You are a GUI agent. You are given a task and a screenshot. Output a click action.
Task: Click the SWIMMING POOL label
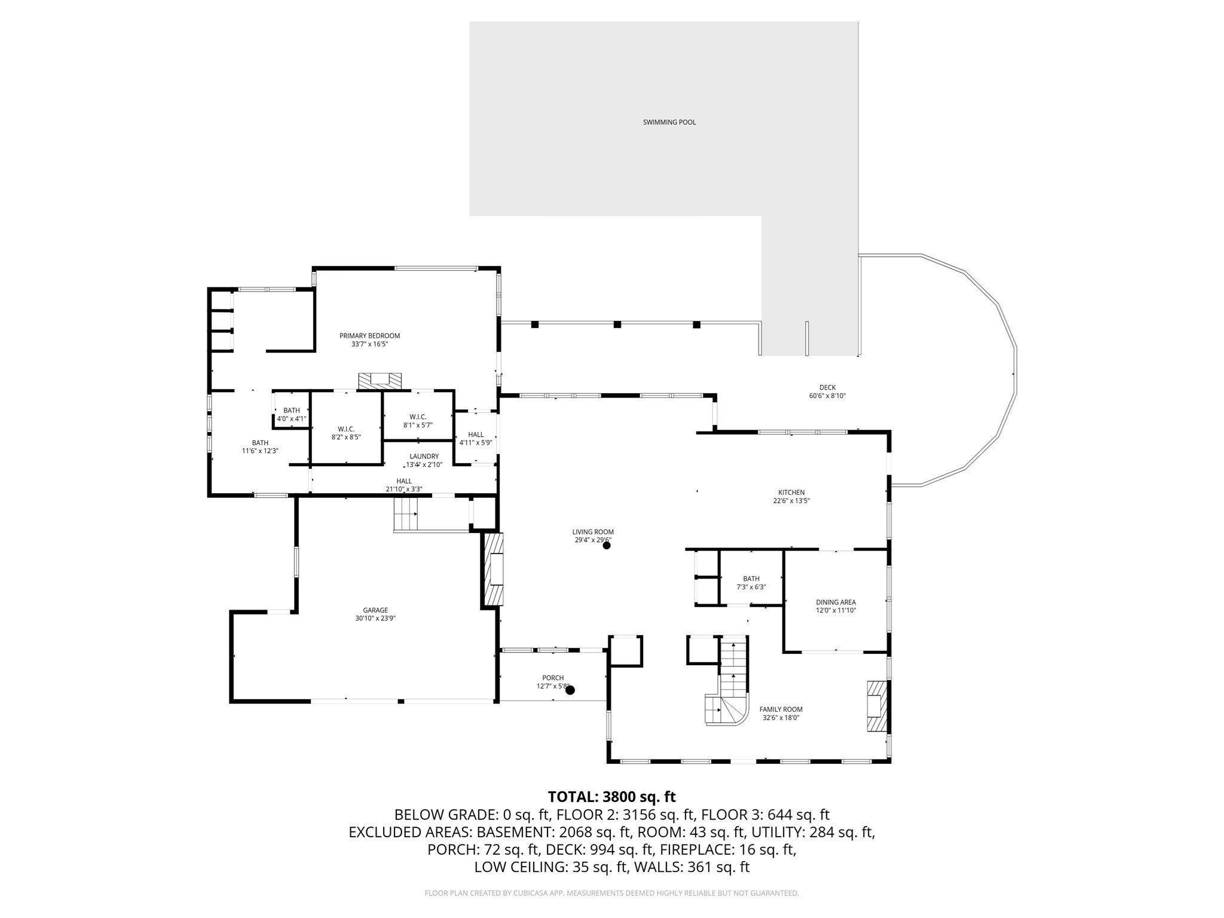point(669,122)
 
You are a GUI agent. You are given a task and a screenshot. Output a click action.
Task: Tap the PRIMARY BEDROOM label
point(369,336)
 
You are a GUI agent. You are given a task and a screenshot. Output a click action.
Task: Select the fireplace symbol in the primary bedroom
point(380,381)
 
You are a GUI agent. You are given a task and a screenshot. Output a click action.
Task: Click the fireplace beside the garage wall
point(494,570)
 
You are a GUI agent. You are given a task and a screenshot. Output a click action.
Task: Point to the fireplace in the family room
point(876,706)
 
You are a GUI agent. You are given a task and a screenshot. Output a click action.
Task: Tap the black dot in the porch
point(570,690)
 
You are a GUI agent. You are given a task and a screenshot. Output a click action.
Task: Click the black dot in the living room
point(607,545)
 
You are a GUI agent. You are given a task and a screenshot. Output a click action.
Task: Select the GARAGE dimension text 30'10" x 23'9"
point(375,619)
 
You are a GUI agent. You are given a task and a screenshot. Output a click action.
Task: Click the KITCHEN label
point(791,492)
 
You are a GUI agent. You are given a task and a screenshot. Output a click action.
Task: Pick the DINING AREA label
point(836,602)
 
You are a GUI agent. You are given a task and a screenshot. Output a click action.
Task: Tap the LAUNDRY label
point(424,457)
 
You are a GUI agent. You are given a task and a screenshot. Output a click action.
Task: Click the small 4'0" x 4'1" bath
point(292,414)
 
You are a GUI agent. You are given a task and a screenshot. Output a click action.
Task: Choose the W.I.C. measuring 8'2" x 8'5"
point(346,433)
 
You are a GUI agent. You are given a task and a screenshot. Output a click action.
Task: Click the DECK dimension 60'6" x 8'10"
point(827,396)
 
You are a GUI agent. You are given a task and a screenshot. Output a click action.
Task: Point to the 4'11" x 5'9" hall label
point(476,438)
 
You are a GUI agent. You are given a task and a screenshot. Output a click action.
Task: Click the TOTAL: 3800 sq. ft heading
point(611,797)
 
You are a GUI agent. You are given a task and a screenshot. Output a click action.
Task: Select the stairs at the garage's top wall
point(405,513)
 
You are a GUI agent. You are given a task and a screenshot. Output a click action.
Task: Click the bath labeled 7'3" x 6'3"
point(751,583)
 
